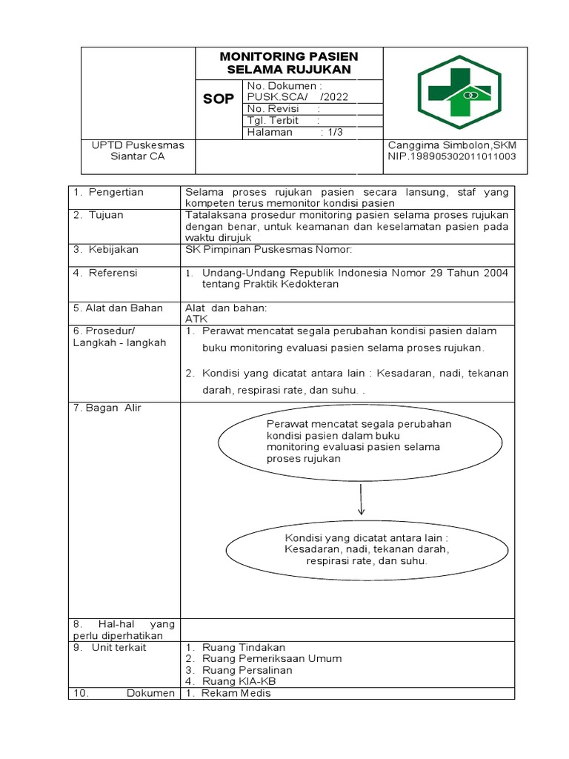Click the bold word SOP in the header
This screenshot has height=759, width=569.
point(219,99)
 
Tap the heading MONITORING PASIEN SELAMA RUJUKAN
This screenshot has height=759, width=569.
point(289,63)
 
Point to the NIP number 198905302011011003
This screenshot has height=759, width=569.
point(452,157)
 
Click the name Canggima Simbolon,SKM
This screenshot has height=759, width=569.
point(452,145)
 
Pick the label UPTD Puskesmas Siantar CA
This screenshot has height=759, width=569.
point(138,150)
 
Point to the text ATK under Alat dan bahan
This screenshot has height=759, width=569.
point(196,319)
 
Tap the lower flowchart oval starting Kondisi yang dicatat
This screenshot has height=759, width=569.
point(367,549)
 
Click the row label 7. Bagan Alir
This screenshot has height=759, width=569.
point(107,408)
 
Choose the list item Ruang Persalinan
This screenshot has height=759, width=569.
point(236,669)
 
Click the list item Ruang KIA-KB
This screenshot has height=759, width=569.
point(230,680)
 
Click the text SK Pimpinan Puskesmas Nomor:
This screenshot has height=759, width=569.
point(268,250)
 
